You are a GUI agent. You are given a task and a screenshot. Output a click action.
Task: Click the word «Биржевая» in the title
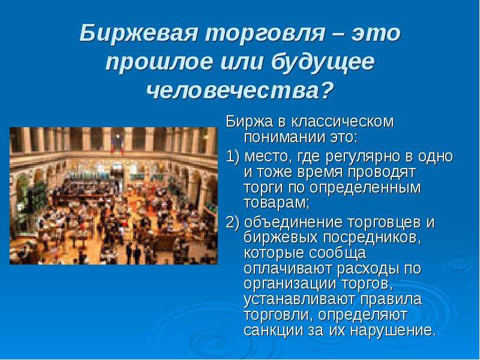coord(139,33)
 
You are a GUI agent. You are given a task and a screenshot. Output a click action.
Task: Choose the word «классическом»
coord(342,122)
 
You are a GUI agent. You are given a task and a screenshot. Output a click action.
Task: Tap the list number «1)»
coord(233,157)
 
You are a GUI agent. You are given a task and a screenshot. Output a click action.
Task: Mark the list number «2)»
coord(233,222)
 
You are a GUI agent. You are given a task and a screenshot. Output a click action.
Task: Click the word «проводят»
coord(382,172)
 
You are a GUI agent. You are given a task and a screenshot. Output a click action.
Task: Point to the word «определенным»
coord(365,188)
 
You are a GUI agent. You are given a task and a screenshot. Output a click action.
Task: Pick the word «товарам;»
coord(277,203)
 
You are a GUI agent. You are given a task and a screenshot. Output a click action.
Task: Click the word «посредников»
coord(372,238)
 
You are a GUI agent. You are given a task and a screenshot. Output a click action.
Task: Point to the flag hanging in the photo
coord(117,142)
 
